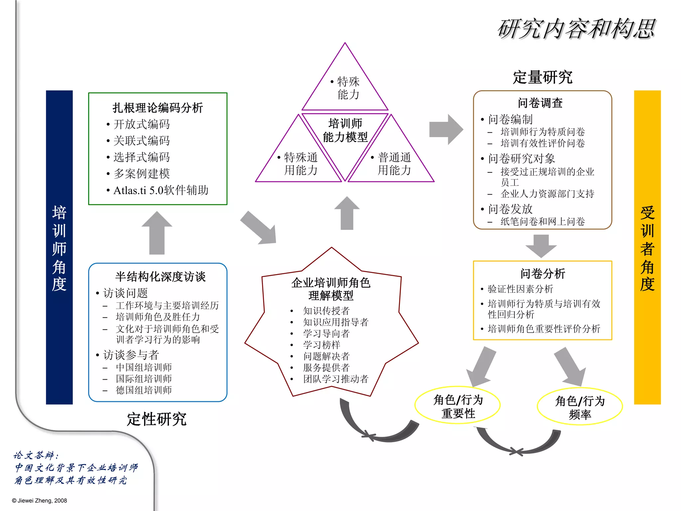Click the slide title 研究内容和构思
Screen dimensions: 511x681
(576, 29)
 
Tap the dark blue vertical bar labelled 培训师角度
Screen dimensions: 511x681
(59, 247)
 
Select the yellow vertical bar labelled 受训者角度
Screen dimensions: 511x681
(647, 247)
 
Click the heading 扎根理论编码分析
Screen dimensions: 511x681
(158, 108)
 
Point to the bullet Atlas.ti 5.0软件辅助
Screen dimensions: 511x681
(161, 190)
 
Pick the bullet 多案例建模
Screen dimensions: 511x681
(142, 174)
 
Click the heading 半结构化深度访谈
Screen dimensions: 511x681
(160, 276)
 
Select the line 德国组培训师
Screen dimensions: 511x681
(144, 390)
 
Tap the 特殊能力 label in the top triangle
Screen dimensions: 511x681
(348, 88)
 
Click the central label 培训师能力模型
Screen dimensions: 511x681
(345, 130)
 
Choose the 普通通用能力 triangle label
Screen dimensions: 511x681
(394, 164)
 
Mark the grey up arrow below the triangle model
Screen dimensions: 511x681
(347, 213)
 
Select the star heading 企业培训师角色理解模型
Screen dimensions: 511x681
(331, 289)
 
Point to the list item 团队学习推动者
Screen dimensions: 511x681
(336, 379)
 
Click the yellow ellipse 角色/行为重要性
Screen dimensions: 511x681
(458, 407)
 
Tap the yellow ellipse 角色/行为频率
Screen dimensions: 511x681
(580, 408)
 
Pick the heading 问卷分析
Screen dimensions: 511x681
(543, 273)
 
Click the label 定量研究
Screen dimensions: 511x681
(542, 78)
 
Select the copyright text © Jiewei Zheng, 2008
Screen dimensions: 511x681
(40, 501)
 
